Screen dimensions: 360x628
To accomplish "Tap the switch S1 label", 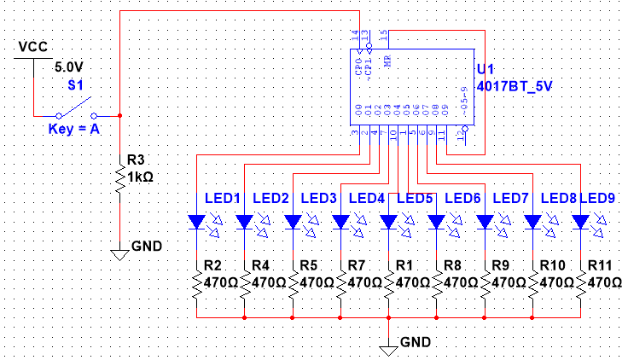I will point(75,84).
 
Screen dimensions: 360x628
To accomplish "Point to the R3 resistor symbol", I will point(119,180).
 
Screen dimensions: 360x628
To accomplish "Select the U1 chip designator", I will point(485,68).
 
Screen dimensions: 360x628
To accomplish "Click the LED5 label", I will point(416,198).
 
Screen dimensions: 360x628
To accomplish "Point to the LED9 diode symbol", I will point(581,222).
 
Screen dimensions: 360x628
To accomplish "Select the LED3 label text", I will point(318,198).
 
